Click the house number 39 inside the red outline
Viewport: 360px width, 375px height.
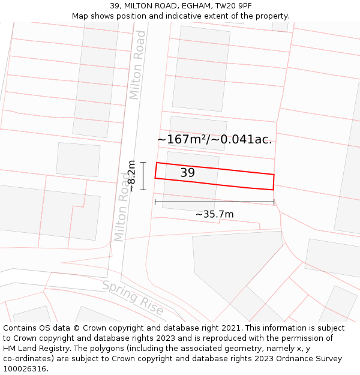coord(187,173)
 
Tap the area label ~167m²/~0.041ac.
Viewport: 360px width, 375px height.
coord(214,140)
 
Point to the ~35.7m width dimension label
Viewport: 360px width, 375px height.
coord(214,214)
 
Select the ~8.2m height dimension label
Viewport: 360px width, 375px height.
coord(132,176)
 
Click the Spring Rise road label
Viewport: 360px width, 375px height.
coord(133,297)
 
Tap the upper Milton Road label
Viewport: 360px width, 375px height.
coord(137,65)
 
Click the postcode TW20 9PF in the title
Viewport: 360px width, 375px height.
coord(233,6)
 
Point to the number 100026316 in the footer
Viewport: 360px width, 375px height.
coord(25,368)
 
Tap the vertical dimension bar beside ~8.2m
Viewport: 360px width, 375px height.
coord(143,176)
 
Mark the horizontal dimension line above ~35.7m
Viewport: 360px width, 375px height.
coord(214,202)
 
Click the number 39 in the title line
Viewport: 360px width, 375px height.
coord(114,6)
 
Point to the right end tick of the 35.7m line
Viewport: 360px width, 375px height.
coord(274,202)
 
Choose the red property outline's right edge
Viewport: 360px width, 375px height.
coord(274,182)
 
